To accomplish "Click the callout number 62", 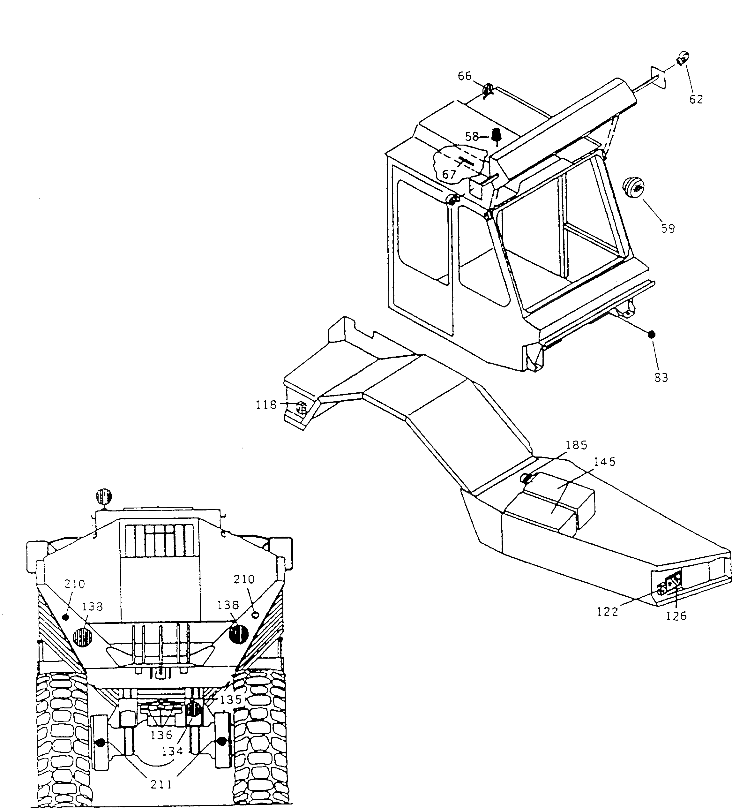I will [696, 99].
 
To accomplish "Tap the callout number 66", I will [465, 76].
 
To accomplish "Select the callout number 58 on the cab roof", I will [472, 137].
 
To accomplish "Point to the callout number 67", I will [449, 175].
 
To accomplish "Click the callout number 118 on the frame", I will [266, 405].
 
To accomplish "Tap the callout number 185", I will [577, 445].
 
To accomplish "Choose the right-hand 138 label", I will [228, 605].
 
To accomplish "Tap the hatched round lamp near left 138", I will [83, 637].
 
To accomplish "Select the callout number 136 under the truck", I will [161, 736].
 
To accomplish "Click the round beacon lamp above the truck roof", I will [104, 497].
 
